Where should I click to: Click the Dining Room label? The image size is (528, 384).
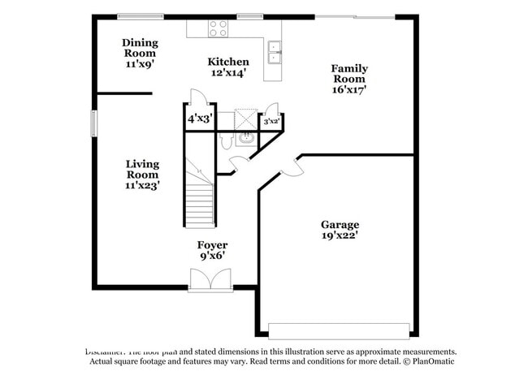[x=140, y=43]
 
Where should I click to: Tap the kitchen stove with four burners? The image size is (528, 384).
[x=218, y=28]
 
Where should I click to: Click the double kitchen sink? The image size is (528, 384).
[x=275, y=50]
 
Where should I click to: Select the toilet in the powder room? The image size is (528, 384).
[x=227, y=140]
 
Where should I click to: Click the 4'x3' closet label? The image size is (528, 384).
[x=199, y=119]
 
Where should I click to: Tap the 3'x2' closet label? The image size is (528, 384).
[x=271, y=122]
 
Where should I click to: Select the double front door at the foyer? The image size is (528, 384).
[x=210, y=281]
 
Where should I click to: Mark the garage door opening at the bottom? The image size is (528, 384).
[x=339, y=331]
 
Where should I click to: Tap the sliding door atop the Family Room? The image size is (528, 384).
[x=355, y=16]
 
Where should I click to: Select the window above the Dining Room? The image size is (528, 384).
[x=141, y=15]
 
